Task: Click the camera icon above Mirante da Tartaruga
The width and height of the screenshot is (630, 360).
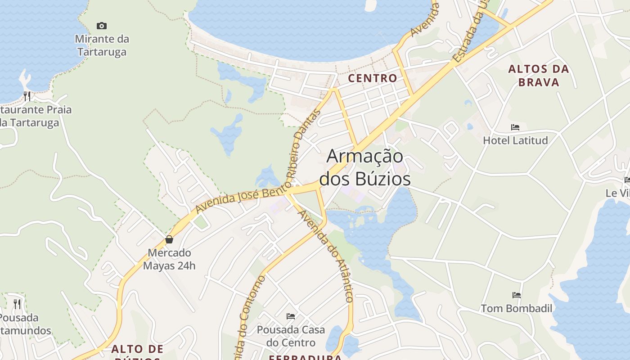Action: [102, 26]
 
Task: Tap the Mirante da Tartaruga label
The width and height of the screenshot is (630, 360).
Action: [102, 45]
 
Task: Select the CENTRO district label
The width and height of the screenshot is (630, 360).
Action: [373, 78]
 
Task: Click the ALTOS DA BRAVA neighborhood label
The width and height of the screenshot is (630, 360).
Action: [539, 76]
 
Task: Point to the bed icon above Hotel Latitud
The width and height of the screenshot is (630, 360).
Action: [515, 127]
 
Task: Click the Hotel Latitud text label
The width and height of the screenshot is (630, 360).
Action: [515, 140]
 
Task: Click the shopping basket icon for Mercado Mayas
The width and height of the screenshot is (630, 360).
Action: [169, 239]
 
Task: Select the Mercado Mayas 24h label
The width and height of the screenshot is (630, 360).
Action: [169, 259]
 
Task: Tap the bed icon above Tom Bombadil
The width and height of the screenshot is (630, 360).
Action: [517, 295]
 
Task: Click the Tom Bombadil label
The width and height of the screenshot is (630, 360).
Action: [517, 308]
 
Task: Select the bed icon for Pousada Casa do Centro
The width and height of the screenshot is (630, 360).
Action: [291, 316]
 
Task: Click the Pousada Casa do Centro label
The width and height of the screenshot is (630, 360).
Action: [291, 336]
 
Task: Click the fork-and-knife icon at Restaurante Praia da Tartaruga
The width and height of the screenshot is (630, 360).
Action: [27, 96]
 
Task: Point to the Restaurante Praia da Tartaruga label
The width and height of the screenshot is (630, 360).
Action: [34, 116]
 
